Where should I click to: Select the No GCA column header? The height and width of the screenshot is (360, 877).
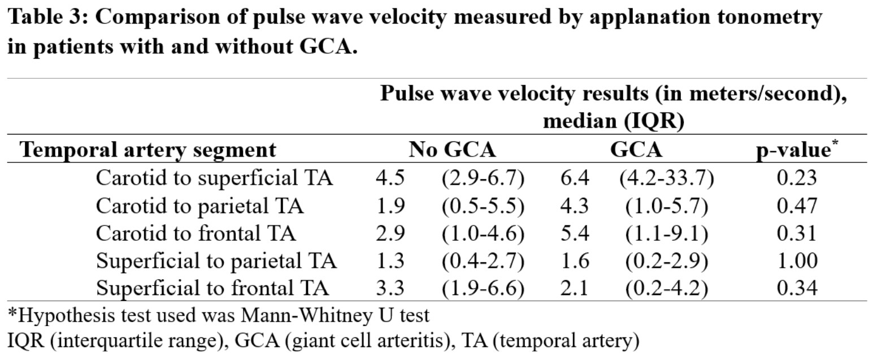452,150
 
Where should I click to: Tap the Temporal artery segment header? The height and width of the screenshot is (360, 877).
148,150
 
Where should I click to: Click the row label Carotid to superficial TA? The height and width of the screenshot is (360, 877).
214,179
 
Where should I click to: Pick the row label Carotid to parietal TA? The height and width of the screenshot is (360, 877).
199,206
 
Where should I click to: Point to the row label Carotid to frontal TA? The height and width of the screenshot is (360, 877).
196,233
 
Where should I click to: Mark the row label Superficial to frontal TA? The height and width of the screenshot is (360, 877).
212,288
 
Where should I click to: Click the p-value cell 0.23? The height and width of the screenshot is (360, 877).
797,179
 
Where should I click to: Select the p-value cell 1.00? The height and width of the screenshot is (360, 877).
797,261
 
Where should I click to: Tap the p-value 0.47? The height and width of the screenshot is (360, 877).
797,206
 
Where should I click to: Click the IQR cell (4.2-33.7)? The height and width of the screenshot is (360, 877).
666,179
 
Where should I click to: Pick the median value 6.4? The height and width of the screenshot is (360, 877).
573,179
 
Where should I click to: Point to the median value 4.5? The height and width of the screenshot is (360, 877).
390,179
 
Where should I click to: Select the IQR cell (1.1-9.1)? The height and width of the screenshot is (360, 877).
666,233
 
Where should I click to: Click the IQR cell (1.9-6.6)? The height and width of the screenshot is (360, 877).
483,288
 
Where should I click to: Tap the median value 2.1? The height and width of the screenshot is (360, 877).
573,288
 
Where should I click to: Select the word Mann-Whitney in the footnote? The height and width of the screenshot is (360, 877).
305,314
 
